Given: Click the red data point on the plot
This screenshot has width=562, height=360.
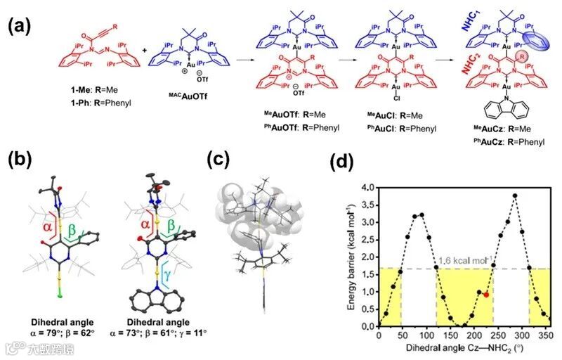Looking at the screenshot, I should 486,295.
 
